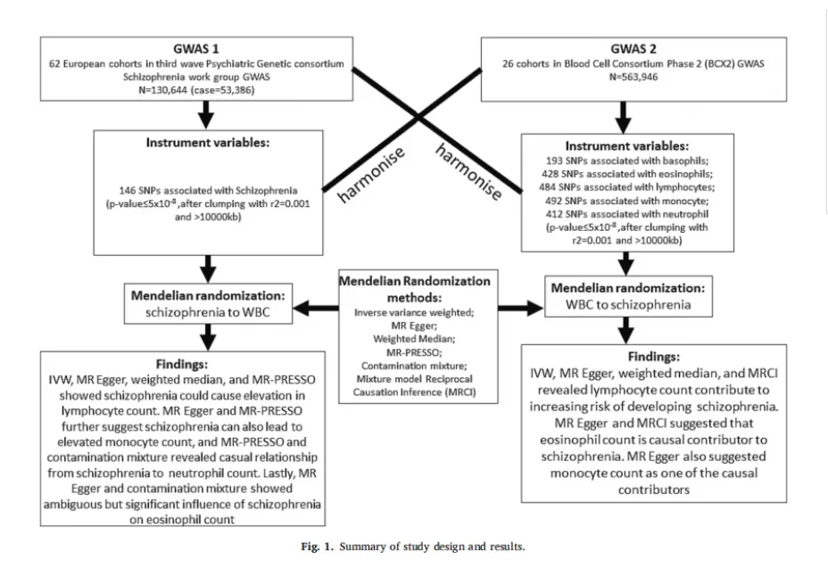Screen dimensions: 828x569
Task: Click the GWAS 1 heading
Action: pos(196,49)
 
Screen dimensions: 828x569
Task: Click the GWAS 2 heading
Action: pos(633,49)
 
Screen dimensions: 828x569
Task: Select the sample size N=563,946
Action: pos(633,77)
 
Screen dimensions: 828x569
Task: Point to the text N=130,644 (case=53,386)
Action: pos(196,90)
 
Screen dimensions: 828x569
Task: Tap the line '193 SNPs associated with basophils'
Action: pos(627,161)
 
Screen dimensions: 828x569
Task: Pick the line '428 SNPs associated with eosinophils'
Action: pos(627,174)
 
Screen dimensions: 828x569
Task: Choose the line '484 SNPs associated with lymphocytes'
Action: pos(627,187)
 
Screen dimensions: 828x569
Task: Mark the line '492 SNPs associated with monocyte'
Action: pos(627,201)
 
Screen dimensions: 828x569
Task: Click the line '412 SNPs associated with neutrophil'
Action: pos(627,214)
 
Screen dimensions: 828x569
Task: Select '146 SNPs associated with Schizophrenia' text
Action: pos(208,191)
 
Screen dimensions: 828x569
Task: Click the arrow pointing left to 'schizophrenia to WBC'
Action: pos(316,308)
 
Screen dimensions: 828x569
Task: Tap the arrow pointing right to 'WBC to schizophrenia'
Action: pos(521,308)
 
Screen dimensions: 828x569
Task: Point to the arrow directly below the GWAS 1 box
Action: pos(206,114)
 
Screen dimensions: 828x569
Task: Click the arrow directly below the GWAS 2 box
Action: pos(624,117)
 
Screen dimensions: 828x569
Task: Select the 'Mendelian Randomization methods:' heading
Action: pos(415,289)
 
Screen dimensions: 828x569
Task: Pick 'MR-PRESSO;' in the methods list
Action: pos(415,352)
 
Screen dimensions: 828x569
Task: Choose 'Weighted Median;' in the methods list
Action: pos(414,339)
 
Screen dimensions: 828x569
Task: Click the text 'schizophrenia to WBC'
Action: pos(208,312)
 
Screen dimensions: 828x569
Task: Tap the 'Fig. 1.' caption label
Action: pos(318,547)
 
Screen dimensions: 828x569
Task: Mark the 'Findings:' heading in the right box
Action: pos(654,357)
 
